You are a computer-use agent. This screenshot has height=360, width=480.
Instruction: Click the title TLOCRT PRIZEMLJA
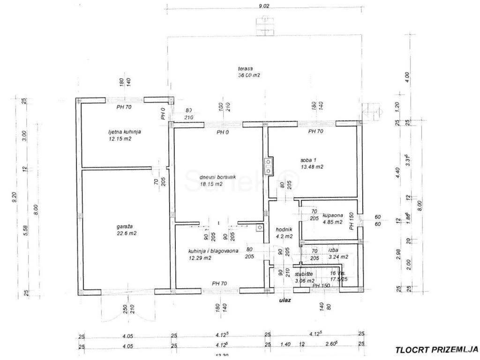436,349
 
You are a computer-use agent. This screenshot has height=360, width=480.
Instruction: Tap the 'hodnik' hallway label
285,229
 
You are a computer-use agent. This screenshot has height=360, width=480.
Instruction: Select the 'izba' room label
333,250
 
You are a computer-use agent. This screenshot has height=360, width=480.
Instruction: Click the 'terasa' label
244,68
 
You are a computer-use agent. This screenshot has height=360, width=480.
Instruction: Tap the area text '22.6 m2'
127,233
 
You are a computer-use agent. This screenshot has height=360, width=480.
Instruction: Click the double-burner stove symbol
268,166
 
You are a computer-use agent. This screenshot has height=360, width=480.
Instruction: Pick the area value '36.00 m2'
249,75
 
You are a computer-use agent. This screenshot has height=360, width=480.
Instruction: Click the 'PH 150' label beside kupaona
351,221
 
